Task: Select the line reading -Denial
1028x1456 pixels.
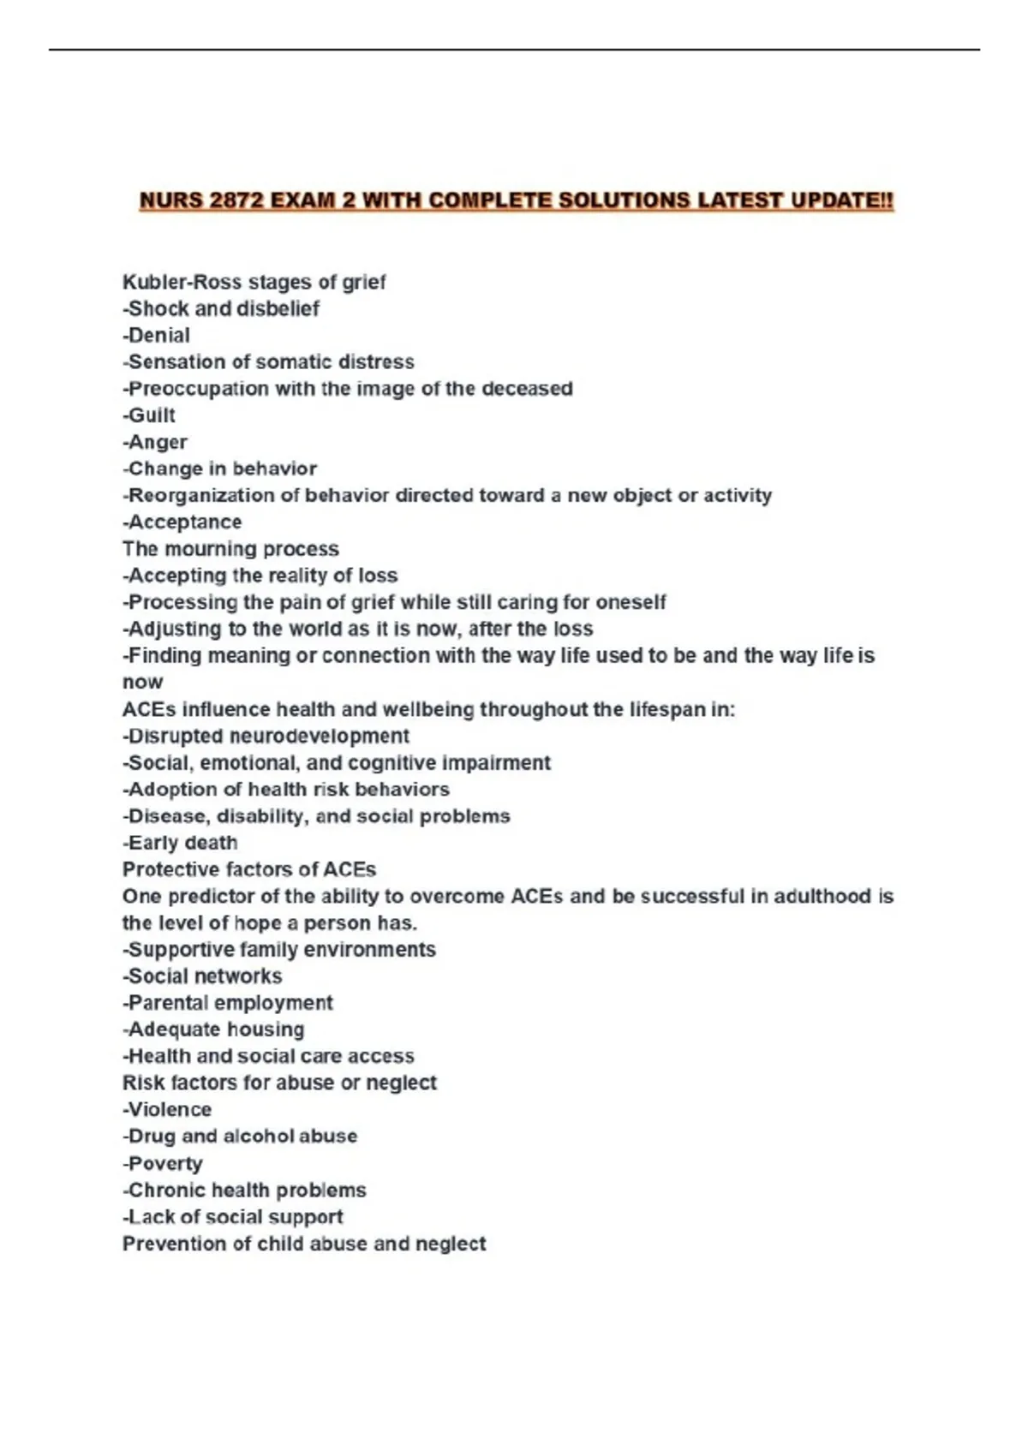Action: tap(156, 335)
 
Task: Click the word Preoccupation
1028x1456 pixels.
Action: tap(198, 389)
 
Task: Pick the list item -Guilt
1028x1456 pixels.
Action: tap(149, 415)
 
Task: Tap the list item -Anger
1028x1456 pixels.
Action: tap(155, 442)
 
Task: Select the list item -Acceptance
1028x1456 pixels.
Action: tap(182, 522)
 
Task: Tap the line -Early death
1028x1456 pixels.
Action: tap(180, 843)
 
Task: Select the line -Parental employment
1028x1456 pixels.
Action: tap(228, 1003)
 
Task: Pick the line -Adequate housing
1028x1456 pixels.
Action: tap(213, 1029)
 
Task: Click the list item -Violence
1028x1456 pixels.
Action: tap(167, 1109)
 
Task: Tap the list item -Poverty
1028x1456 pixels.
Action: tap(163, 1163)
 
